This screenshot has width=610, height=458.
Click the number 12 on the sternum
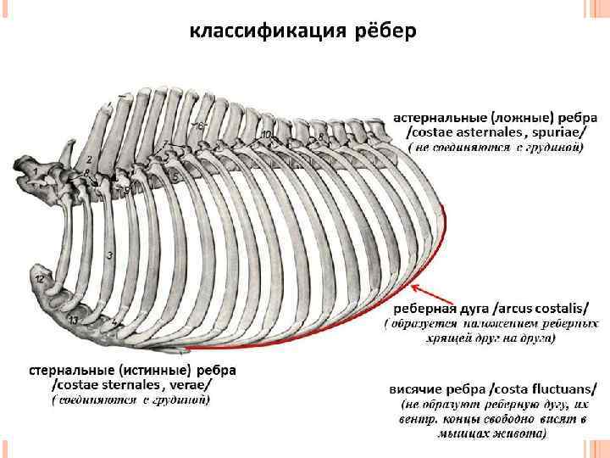[39, 278]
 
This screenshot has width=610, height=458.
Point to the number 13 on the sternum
[73, 319]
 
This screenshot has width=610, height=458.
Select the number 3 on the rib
[110, 254]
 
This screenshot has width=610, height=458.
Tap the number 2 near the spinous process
[89, 159]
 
